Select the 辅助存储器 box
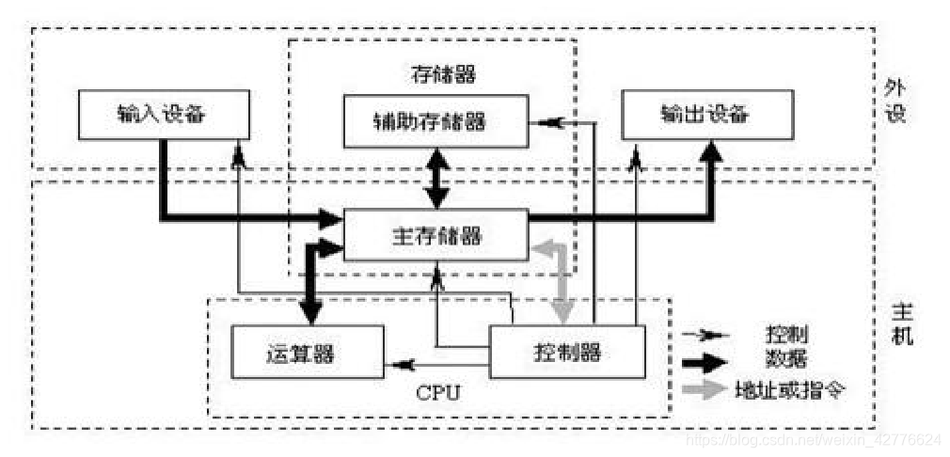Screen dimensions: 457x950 pos(435,121)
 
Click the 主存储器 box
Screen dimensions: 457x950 pos(435,235)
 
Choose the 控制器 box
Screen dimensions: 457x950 pos(567,353)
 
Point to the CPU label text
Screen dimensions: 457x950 pos(437,391)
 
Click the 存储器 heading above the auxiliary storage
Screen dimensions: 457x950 pos(435,73)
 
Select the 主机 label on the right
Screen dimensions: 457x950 pos(901,323)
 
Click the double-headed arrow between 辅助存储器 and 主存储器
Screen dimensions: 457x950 pos(435,179)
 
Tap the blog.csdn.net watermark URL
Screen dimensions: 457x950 pos(813,439)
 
